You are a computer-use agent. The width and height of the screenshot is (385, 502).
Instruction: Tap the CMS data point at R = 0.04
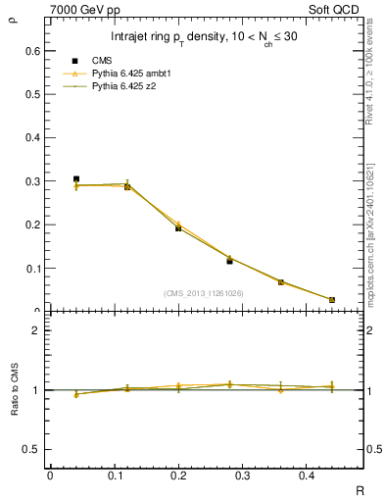[x=76, y=179]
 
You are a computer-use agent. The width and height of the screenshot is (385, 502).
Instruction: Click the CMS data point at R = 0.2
[x=178, y=227]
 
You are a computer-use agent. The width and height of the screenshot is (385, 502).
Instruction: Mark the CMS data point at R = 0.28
[x=229, y=261]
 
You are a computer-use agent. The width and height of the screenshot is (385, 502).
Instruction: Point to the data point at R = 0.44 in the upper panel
[x=331, y=299]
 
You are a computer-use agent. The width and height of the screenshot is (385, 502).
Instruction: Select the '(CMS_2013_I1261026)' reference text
[x=203, y=292]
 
